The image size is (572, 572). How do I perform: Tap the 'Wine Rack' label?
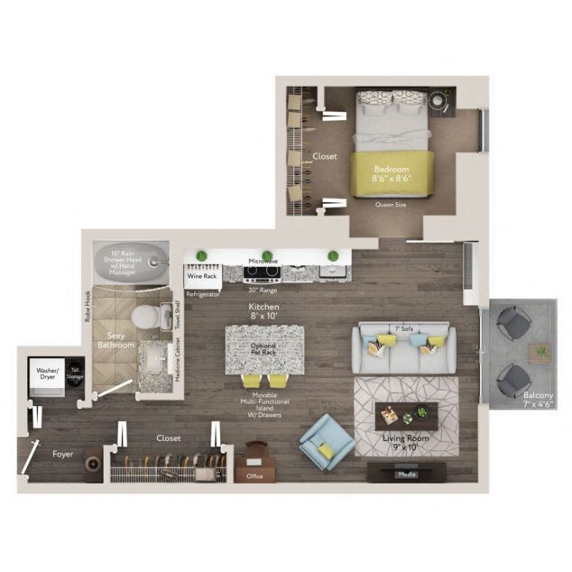tap(201, 276)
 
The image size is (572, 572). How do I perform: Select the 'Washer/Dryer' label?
tap(48, 374)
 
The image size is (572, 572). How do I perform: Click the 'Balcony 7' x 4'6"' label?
tap(538, 401)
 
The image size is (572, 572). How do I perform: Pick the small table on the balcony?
tap(540, 353)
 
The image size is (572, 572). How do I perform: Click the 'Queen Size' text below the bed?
tap(392, 205)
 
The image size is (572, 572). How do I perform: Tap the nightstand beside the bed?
tap(441, 102)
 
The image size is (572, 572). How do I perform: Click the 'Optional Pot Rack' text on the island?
tap(263, 348)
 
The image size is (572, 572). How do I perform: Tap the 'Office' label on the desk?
tap(254, 475)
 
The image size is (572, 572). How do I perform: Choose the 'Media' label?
tap(408, 473)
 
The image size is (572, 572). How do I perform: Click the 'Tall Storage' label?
tap(76, 372)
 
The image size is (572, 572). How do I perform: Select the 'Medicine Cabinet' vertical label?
tap(177, 360)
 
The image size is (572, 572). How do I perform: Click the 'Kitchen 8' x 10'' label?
tap(264, 312)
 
